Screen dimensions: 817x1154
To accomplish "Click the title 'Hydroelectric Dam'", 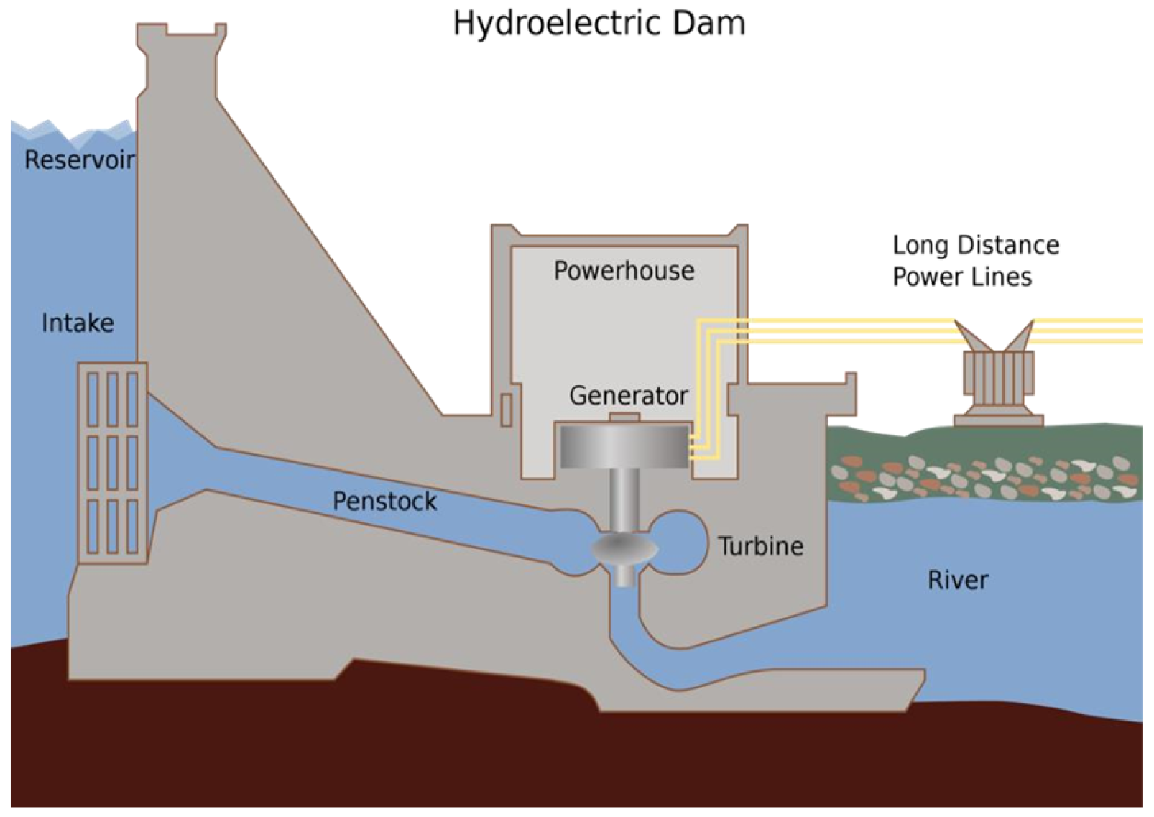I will click(599, 24).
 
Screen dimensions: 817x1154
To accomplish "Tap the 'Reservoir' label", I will click(79, 160).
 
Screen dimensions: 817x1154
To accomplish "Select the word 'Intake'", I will click(78, 323).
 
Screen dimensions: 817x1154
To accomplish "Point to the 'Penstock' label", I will click(384, 501).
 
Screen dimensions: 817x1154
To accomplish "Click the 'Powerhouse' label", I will click(624, 271).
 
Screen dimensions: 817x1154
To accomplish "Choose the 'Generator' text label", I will click(629, 395).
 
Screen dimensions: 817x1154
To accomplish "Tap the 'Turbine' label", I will click(761, 546).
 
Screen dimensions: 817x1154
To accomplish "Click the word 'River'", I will click(957, 580).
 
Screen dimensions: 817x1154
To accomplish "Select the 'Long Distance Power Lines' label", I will click(975, 261).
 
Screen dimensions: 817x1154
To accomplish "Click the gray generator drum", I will click(623, 446).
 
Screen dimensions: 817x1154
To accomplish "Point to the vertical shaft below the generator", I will click(623, 499).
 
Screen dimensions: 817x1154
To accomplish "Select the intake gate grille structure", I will click(112, 462).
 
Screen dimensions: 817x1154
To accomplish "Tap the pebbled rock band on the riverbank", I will click(984, 476).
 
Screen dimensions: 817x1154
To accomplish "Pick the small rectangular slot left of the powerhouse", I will click(506, 410).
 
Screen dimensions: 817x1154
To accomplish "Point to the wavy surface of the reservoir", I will click(72, 131).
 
